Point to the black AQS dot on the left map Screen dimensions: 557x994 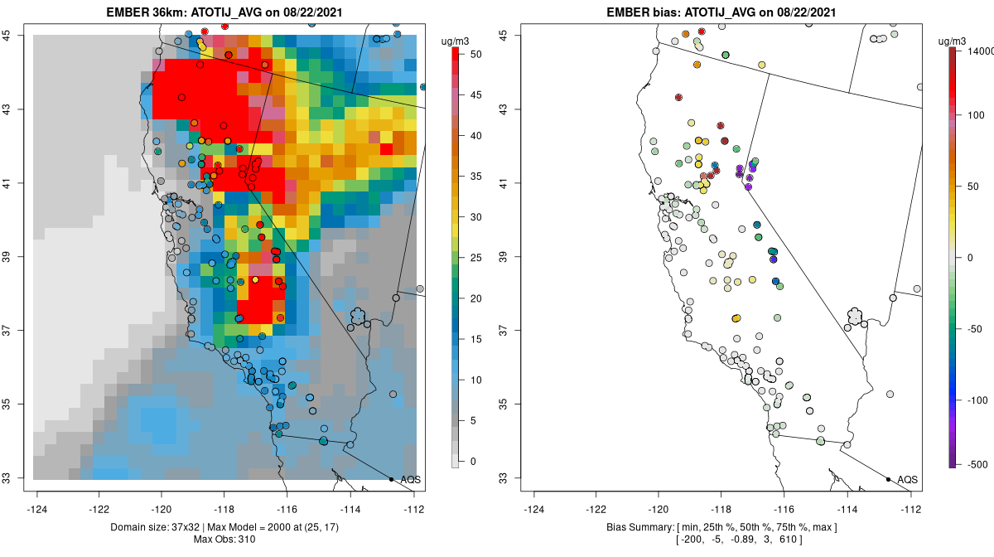[x=391, y=479]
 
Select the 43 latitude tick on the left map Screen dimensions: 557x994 [x=17, y=109]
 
